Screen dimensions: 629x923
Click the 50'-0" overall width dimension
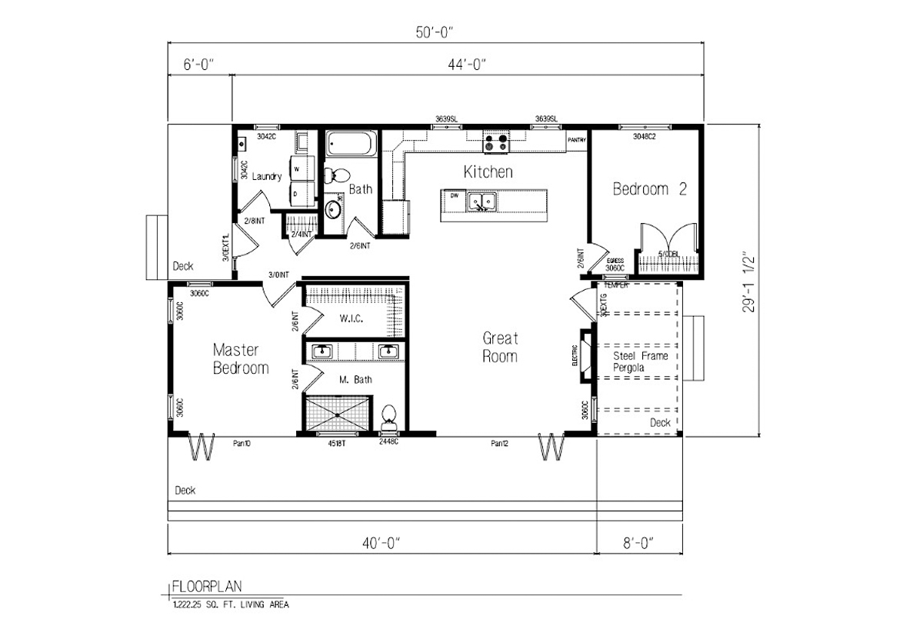coord(435,32)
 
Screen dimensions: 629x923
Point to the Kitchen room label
coord(488,171)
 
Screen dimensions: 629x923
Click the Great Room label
coord(500,347)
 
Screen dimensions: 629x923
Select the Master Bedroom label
coord(241,359)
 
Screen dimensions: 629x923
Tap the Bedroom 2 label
coord(649,189)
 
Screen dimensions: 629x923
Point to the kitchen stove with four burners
coord(496,142)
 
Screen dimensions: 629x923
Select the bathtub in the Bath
coord(351,144)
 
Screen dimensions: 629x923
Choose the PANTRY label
coord(577,140)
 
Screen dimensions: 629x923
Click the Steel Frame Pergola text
coord(640,361)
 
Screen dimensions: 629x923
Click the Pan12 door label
coord(501,443)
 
